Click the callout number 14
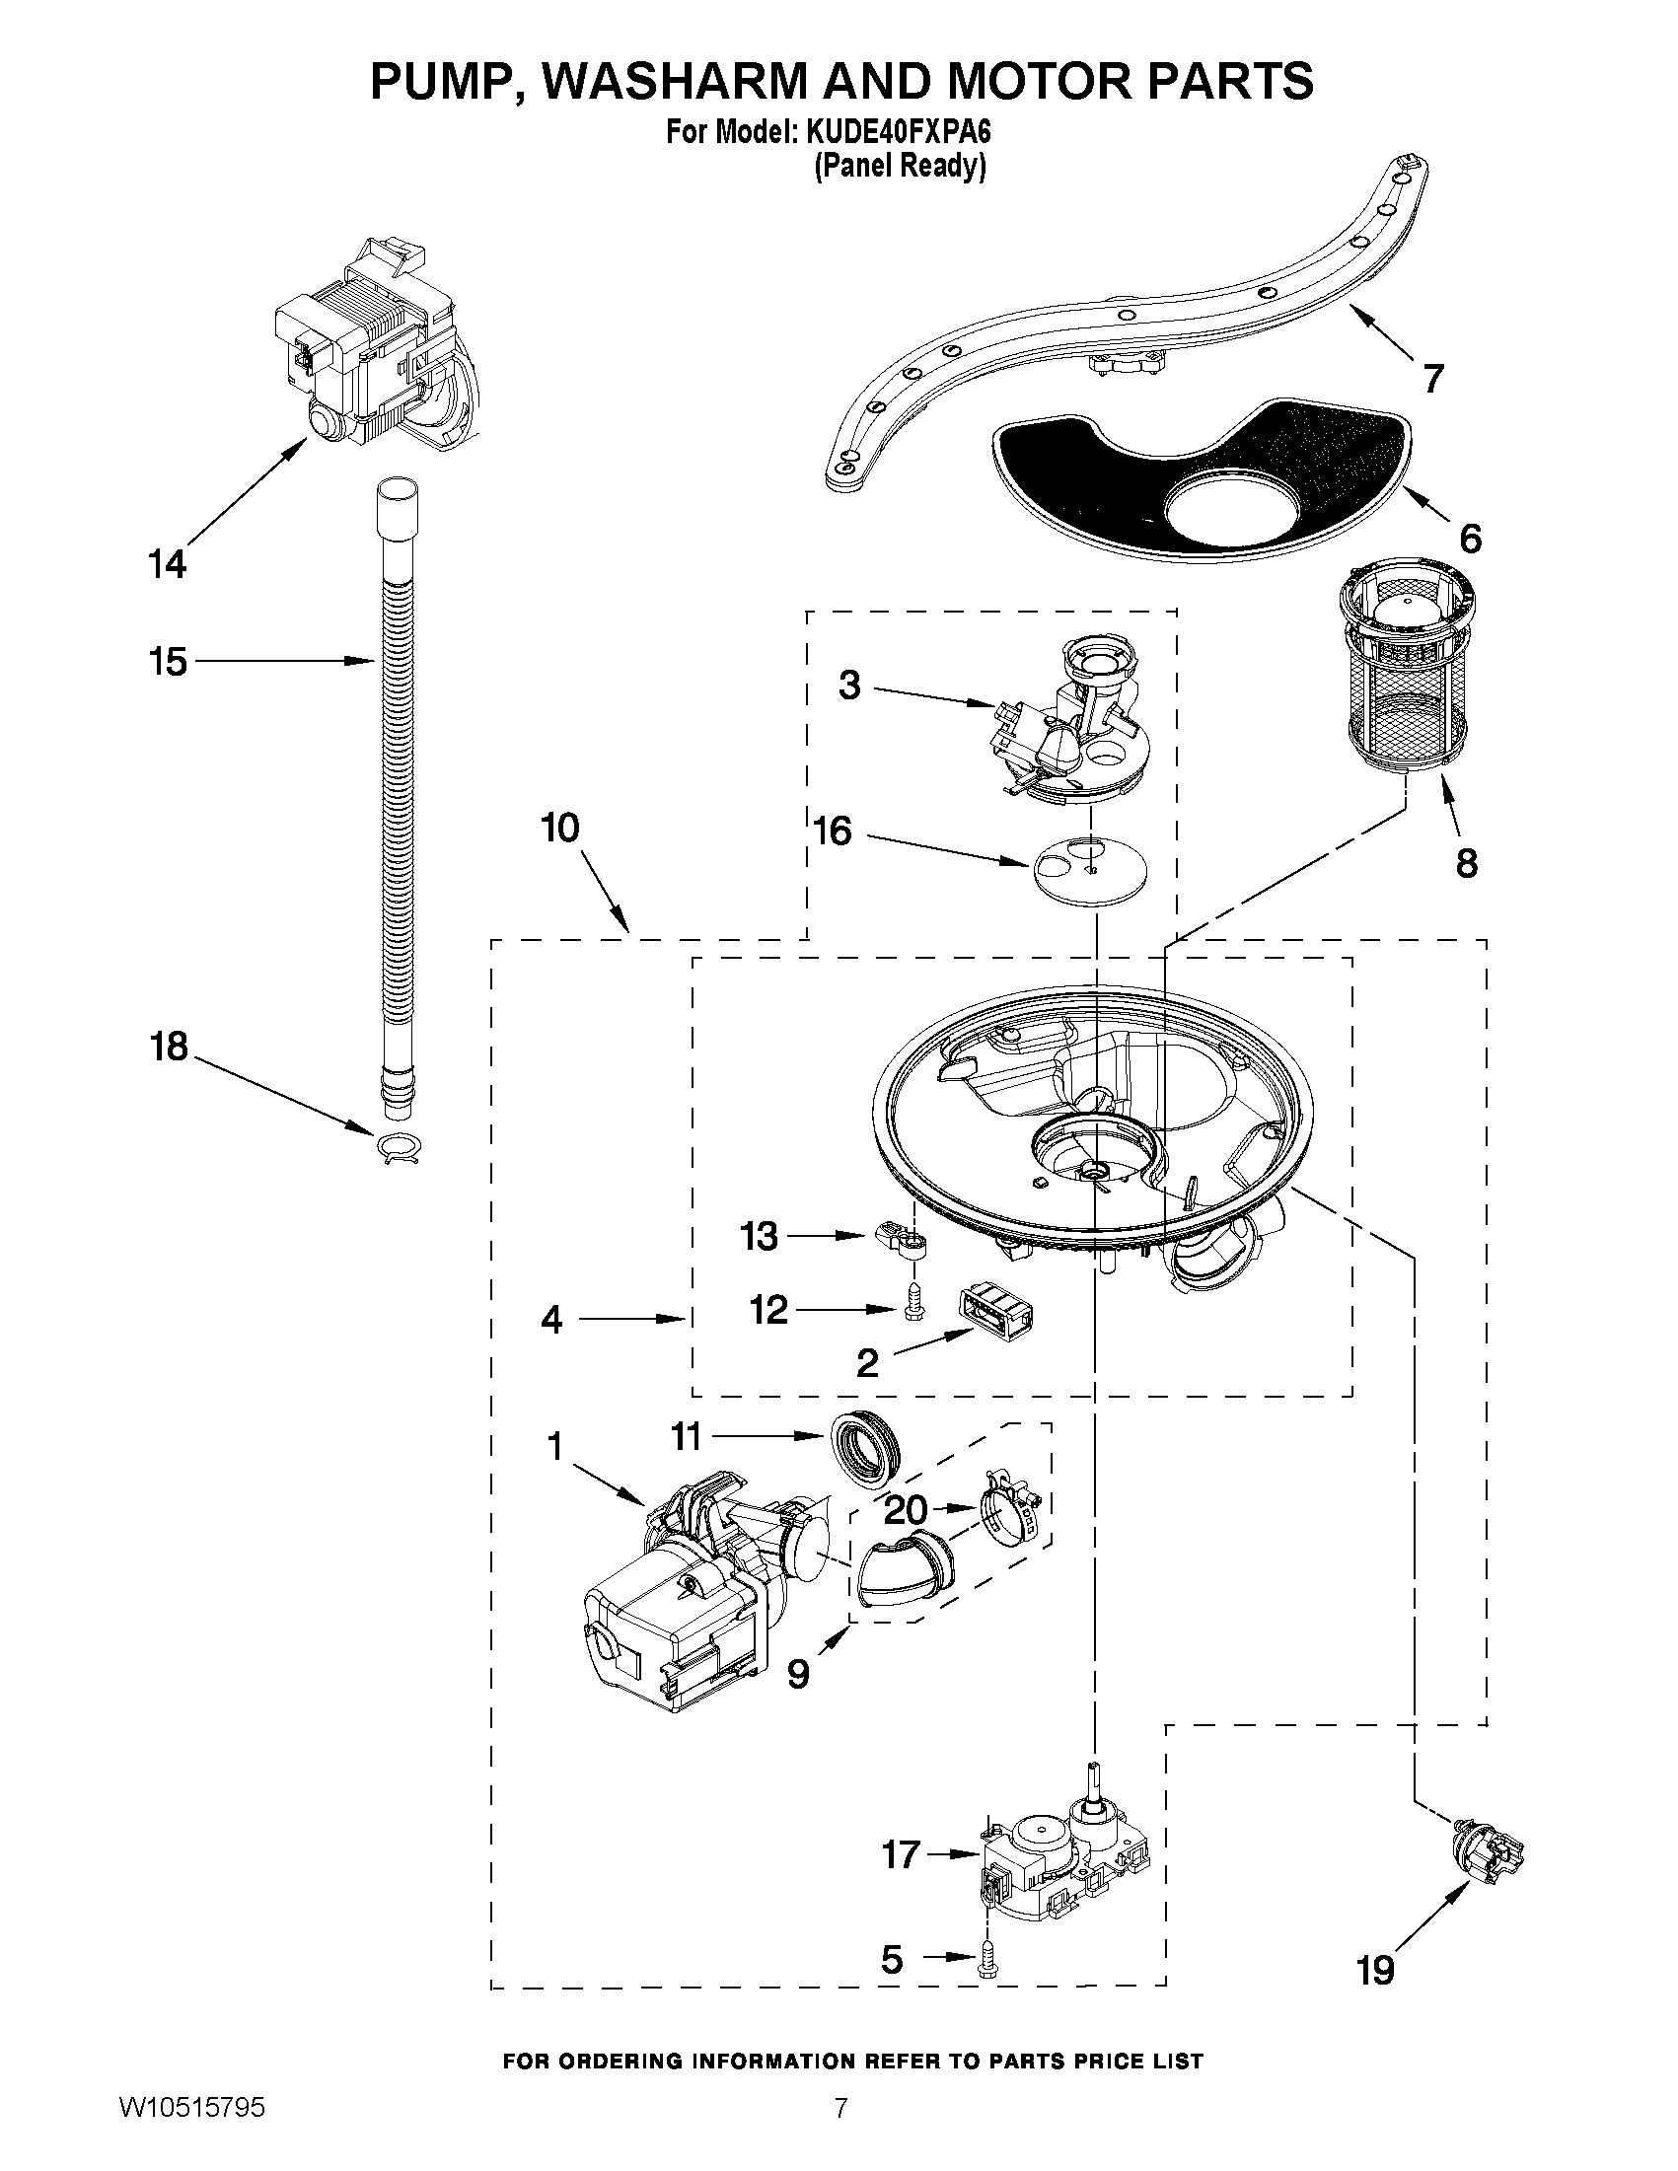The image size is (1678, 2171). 167,564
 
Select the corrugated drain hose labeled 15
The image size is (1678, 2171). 398,795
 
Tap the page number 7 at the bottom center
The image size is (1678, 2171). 840,2132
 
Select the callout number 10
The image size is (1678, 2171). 559,828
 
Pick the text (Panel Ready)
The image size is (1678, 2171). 900,166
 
